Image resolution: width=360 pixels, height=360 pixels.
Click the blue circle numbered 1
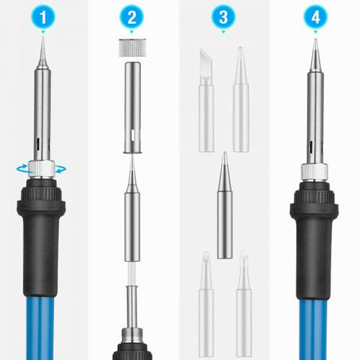pos(43,17)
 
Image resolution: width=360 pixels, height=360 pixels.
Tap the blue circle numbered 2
pos(133,17)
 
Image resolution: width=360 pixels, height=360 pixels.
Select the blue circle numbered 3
pos(223,17)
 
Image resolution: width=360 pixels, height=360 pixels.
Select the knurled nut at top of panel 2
pos(133,47)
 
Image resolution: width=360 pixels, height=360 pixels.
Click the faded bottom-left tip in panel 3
pos(205,300)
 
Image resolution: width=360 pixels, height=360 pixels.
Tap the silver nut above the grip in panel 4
pos(313,170)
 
